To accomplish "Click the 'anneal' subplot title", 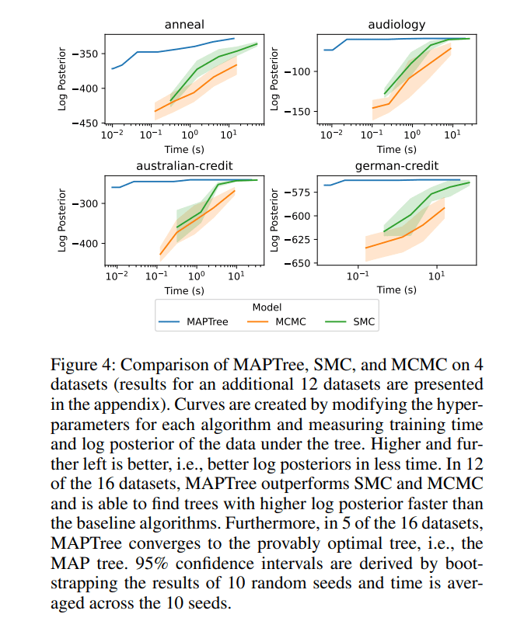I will [184, 25].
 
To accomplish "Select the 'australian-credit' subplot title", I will [184, 166].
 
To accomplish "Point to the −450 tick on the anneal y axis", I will [86, 123].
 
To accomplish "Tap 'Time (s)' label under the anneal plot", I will [184, 150].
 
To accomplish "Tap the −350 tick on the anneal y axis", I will [86, 54].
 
